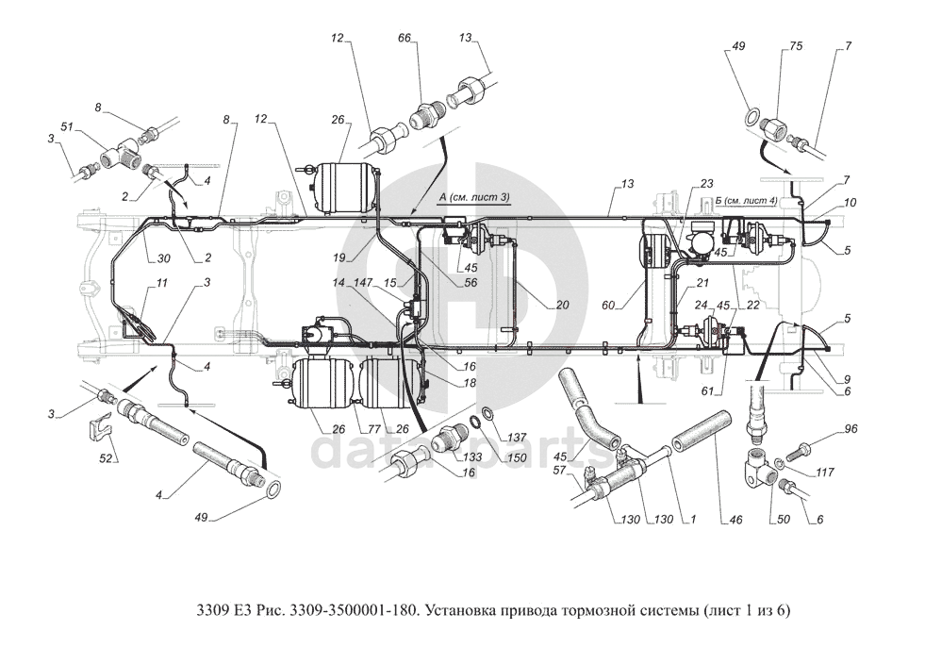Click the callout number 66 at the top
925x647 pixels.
(405, 38)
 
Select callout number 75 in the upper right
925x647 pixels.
(797, 46)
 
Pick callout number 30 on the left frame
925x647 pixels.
(164, 258)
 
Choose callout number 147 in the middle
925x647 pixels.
(365, 283)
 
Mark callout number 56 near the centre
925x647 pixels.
(471, 283)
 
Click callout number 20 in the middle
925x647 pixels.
(562, 306)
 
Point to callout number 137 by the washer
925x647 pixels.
(517, 438)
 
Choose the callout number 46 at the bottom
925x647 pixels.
(735, 520)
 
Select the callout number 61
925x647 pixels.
(708, 390)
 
